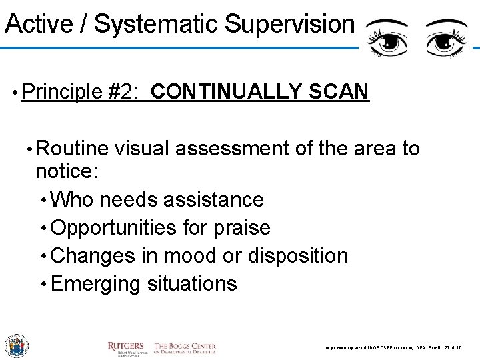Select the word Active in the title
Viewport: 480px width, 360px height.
(x=36, y=25)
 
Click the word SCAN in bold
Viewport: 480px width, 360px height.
(x=338, y=91)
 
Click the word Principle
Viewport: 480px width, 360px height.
(x=63, y=91)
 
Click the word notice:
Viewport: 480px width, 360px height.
(x=67, y=171)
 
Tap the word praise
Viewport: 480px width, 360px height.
(x=241, y=228)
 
